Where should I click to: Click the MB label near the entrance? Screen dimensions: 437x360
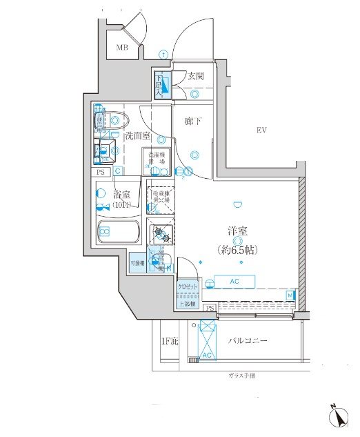coord(122,48)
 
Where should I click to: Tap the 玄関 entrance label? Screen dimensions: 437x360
coord(195,77)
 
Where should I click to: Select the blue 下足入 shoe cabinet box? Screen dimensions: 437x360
coord(162,85)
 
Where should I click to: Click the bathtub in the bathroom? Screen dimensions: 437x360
coord(118,231)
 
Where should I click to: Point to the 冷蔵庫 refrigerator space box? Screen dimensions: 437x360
coord(159,198)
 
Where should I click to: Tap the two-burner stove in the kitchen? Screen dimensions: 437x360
coord(161,234)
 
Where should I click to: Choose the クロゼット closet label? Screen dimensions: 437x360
coord(188,286)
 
